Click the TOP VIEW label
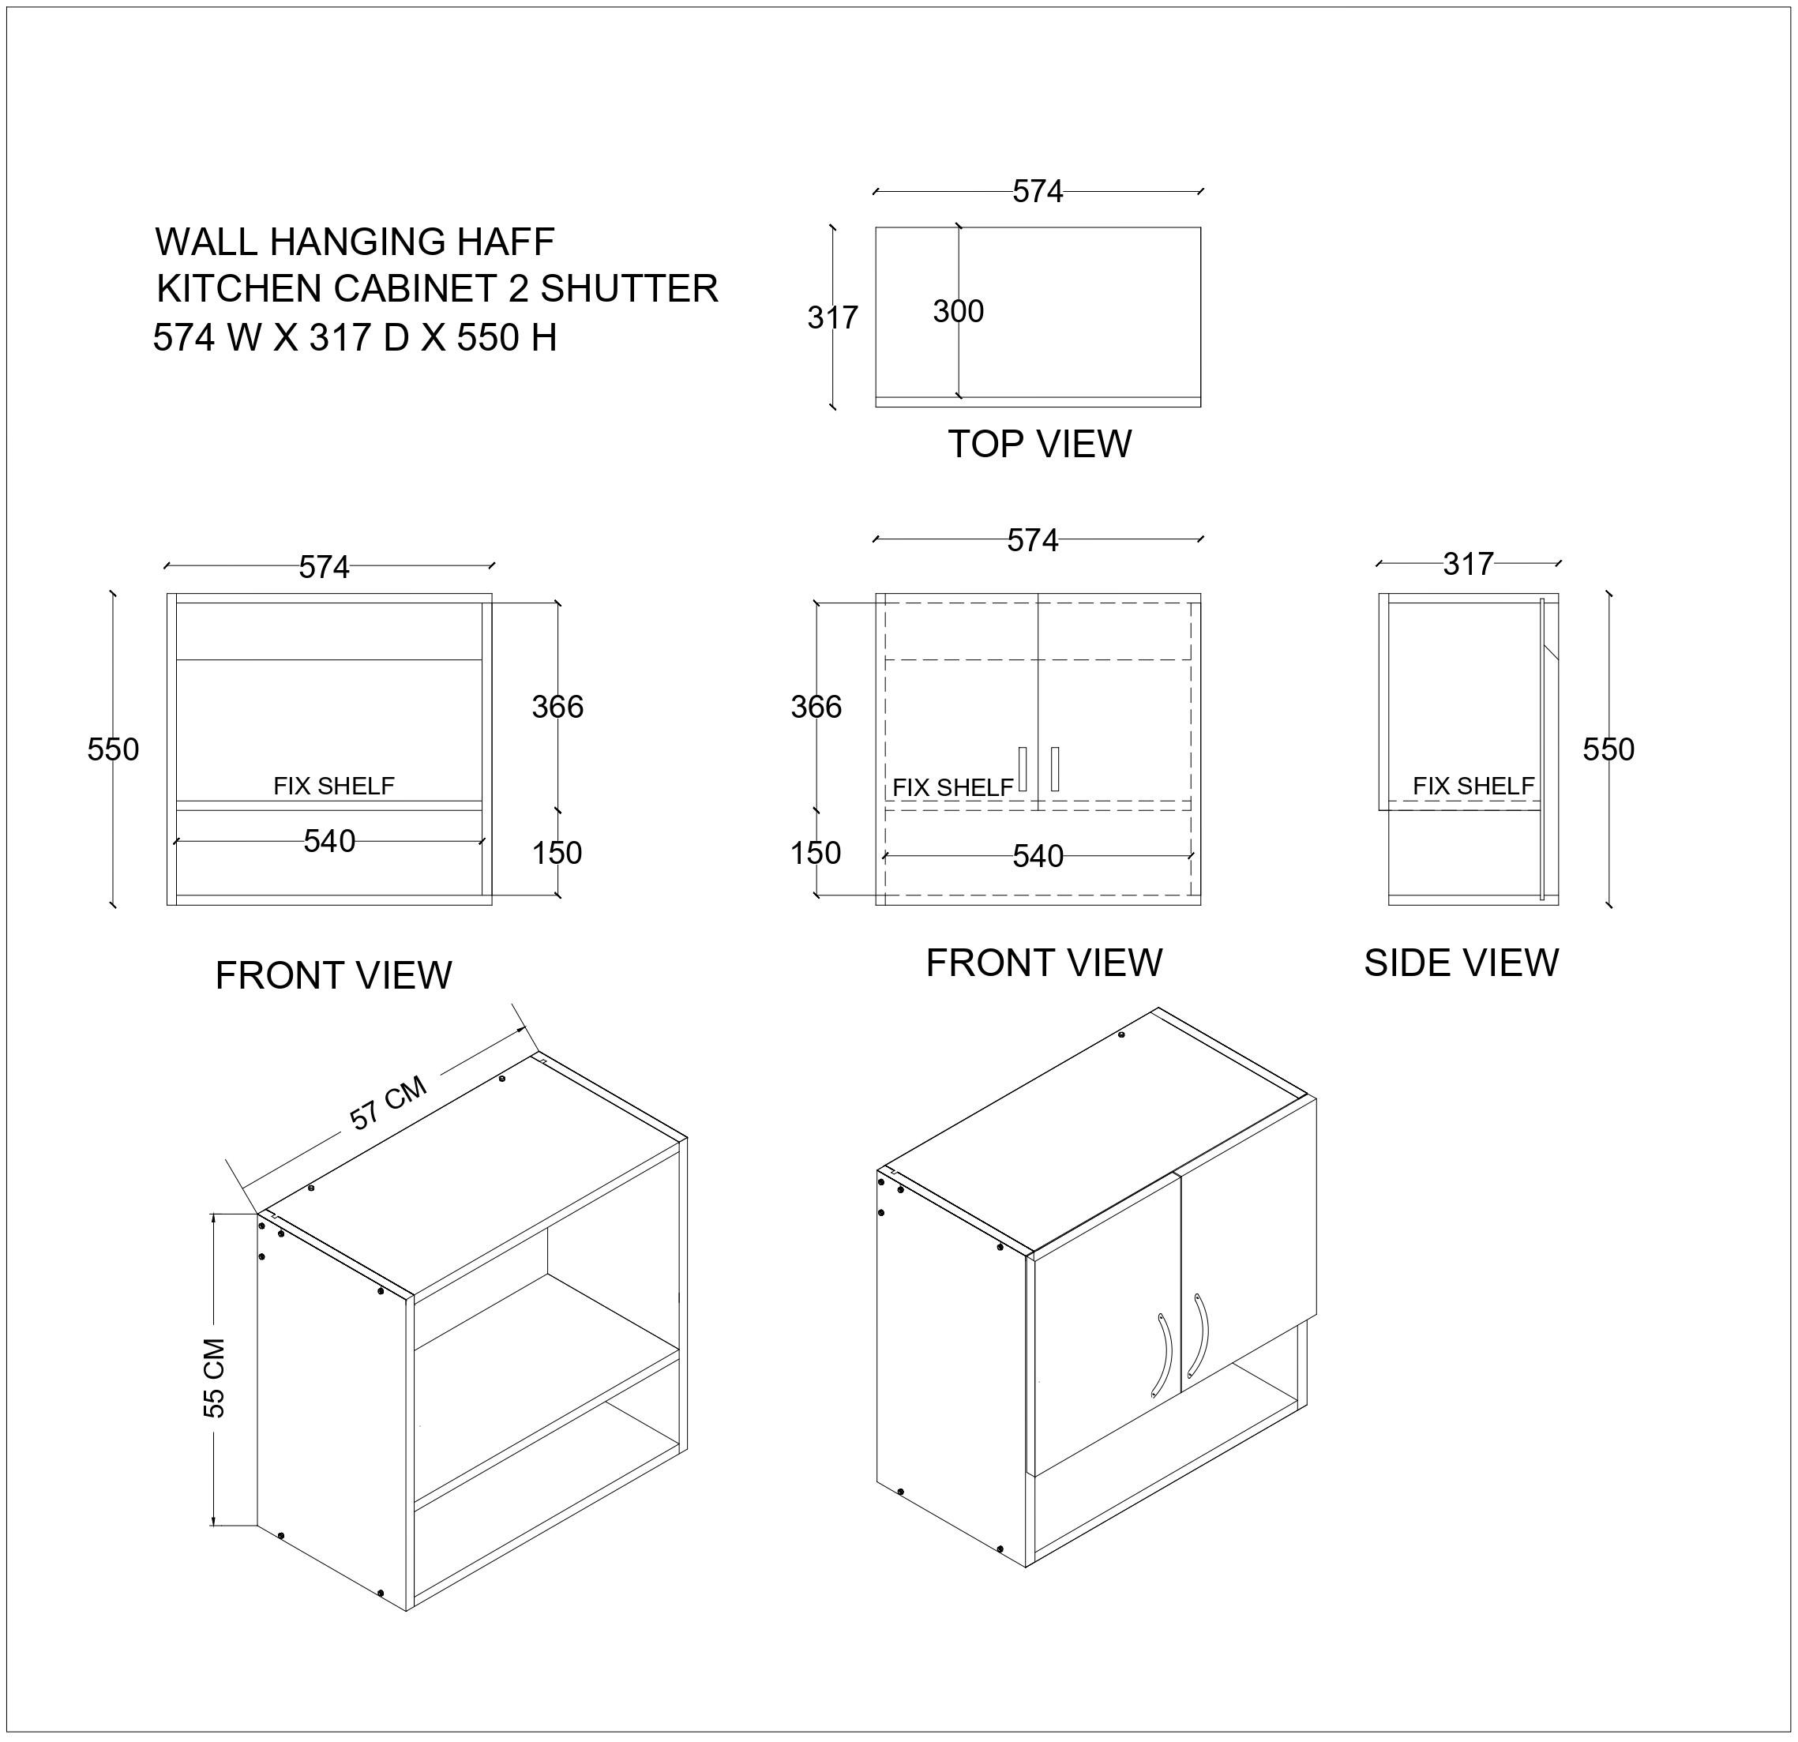[x=1038, y=444]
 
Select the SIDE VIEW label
[x=1460, y=963]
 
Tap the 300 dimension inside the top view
[x=958, y=312]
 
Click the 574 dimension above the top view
[x=1038, y=191]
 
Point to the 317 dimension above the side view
[x=1468, y=563]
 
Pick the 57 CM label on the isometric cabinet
[x=388, y=1102]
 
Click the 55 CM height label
[x=214, y=1378]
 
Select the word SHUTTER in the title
[x=629, y=289]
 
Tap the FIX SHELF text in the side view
[x=1473, y=787]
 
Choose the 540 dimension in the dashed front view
[x=1038, y=857]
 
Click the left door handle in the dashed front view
[x=1022, y=768]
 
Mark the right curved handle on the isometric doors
[x=1199, y=1335]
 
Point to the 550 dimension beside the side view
[x=1608, y=749]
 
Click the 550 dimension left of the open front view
[x=113, y=749]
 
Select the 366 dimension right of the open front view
[x=557, y=706]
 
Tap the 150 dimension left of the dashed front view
[x=816, y=853]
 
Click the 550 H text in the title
[x=506, y=339]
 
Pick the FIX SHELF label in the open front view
[x=334, y=787]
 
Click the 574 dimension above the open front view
[x=324, y=568]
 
